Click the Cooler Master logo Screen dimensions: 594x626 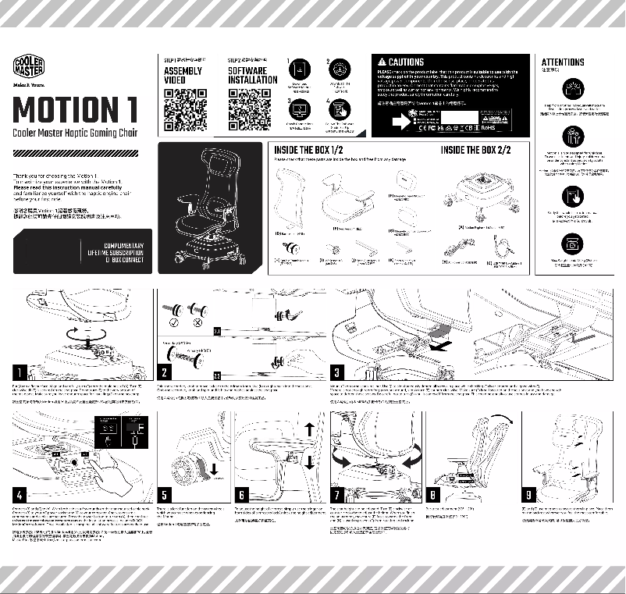[x=30, y=66]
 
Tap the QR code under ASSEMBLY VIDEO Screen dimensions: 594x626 [x=186, y=110]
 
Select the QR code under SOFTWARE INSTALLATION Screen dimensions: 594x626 [x=249, y=110]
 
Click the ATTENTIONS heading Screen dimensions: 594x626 [x=562, y=62]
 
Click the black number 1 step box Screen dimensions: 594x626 [x=23, y=370]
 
